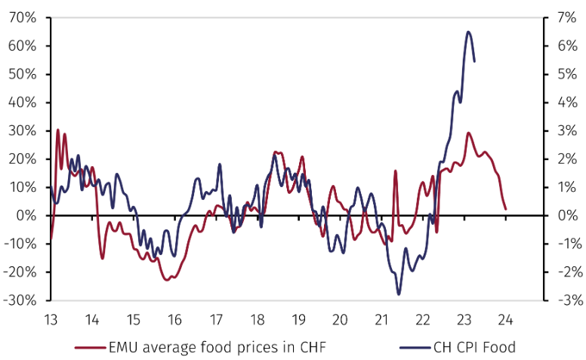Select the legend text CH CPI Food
pyautogui.click(x=473, y=347)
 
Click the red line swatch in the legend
pyautogui.click(x=90, y=347)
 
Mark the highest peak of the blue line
pyautogui.click(x=468, y=32)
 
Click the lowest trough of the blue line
pyautogui.click(x=399, y=294)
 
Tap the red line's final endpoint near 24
pyautogui.click(x=505, y=209)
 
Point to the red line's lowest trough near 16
pyautogui.click(x=168, y=280)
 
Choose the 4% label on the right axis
pyautogui.click(x=559, y=103)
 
